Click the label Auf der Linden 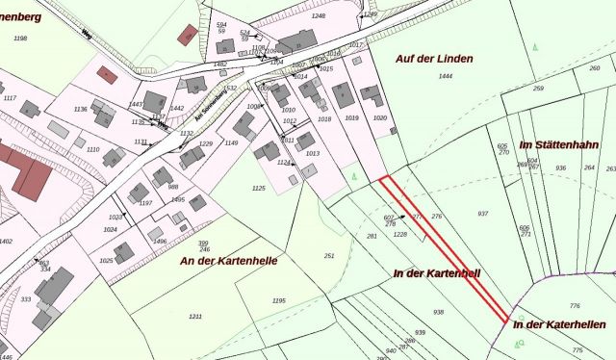(433, 59)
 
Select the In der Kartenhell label (437, 273)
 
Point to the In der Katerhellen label (558, 324)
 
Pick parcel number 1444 (445, 75)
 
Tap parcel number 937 (483, 214)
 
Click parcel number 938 (438, 312)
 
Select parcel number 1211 (195, 317)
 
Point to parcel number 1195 (279, 301)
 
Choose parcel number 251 (329, 256)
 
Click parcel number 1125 (258, 189)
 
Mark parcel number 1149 (231, 142)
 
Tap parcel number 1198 (21, 39)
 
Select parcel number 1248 (319, 16)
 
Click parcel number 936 (560, 167)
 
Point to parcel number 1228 (401, 234)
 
